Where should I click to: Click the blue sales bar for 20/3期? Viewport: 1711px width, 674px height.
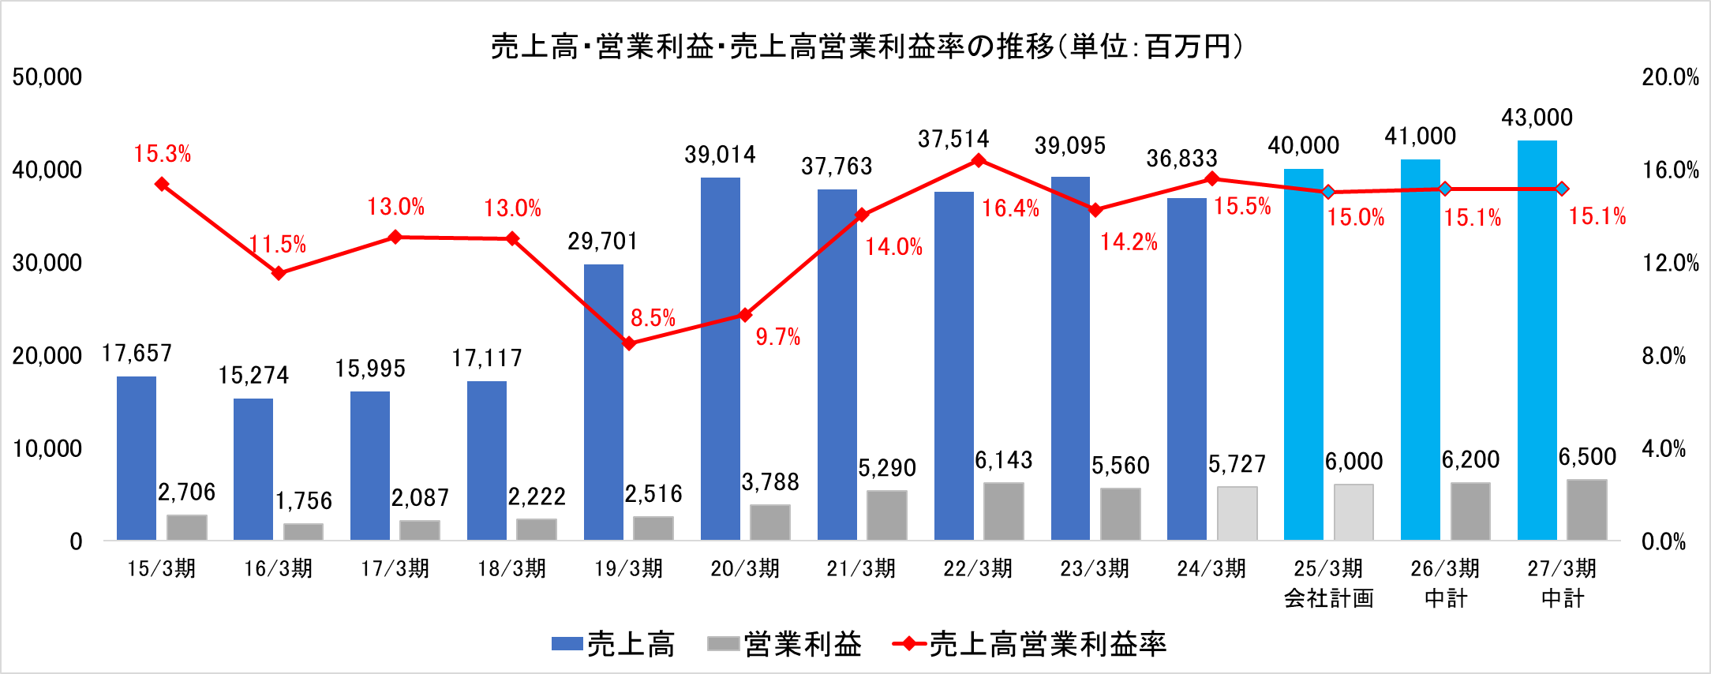point(721,359)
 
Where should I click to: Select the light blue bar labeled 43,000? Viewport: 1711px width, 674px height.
point(1537,340)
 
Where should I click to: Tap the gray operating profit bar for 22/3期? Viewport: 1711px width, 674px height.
point(1004,511)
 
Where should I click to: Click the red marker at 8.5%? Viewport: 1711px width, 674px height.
point(629,343)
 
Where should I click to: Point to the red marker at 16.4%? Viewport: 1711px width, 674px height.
point(979,160)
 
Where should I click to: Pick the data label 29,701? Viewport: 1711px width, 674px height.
point(603,242)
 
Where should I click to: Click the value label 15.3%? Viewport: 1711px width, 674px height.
point(163,154)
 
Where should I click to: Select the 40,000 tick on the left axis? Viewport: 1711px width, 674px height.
point(47,170)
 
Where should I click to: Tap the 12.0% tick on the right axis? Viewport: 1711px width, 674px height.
point(1670,263)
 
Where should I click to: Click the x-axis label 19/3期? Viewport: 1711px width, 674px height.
point(629,569)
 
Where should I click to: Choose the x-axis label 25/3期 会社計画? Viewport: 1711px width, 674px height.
point(1329,583)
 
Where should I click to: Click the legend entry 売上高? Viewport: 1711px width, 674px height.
point(614,644)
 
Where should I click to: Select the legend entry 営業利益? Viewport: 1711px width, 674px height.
point(784,644)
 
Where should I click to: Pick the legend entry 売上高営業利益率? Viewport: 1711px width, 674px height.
point(1029,644)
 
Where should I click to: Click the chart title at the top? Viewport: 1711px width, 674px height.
point(867,47)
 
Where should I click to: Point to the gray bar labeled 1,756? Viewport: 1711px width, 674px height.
point(304,532)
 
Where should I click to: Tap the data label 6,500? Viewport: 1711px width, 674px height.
point(1587,457)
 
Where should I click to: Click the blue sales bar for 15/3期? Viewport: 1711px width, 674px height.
point(137,459)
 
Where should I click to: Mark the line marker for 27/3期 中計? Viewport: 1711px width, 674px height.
point(1562,189)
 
